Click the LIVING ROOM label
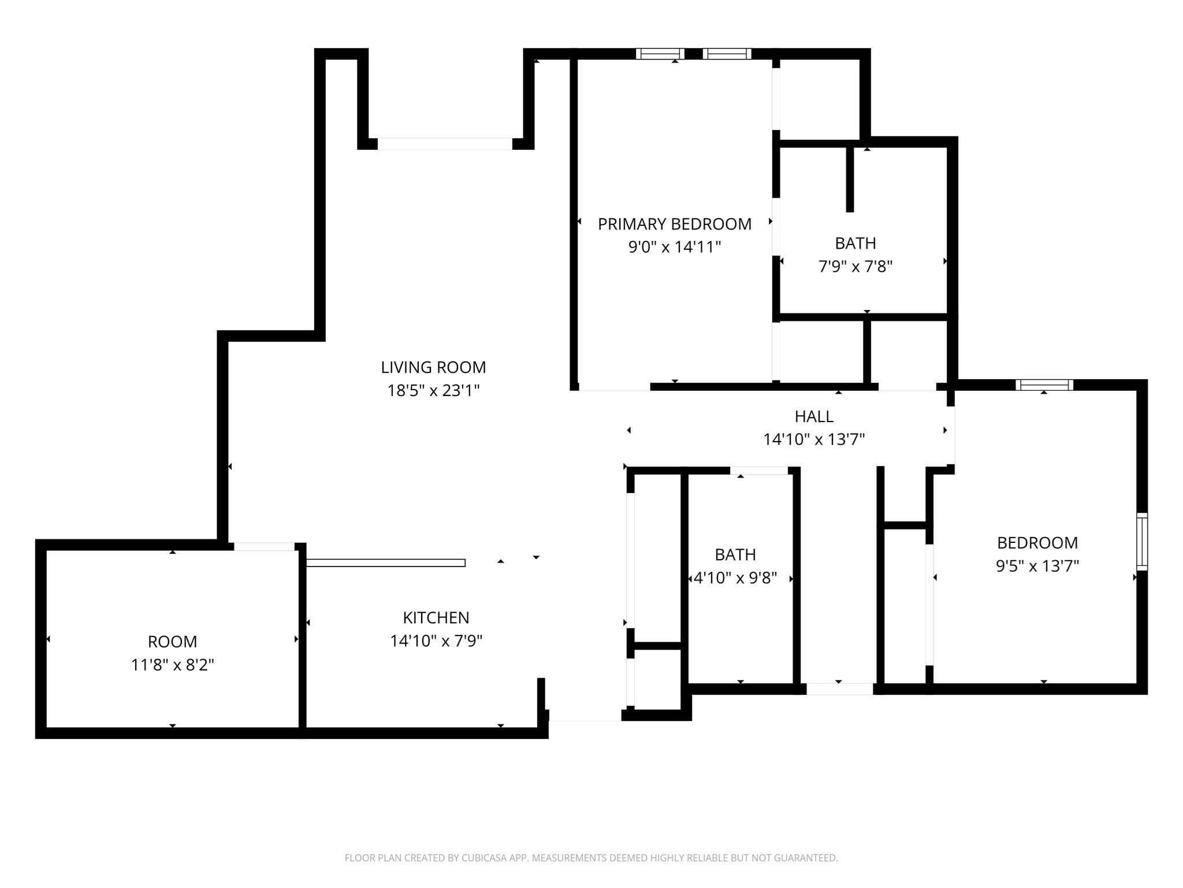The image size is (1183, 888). [x=433, y=367]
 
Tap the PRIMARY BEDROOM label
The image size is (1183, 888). [x=675, y=224]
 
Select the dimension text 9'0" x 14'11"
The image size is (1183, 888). [x=675, y=247]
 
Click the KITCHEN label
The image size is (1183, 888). [x=436, y=617]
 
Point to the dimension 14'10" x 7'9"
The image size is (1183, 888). [x=436, y=641]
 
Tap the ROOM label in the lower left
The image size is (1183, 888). [x=172, y=642]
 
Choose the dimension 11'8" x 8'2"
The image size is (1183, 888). [x=172, y=665]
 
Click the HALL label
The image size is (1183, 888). [x=814, y=416]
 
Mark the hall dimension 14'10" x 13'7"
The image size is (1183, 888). [x=814, y=439]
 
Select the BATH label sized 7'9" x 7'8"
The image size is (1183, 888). [x=855, y=243]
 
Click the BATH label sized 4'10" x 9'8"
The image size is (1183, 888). [x=735, y=554]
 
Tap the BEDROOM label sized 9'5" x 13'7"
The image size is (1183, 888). [x=1037, y=543]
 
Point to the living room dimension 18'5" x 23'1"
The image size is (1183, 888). [x=433, y=390]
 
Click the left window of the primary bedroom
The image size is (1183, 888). [x=660, y=54]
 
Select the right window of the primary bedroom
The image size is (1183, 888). [x=727, y=54]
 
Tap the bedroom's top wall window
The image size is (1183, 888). [x=1044, y=385]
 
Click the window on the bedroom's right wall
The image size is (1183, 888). [x=1142, y=542]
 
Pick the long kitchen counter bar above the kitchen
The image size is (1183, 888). [x=386, y=563]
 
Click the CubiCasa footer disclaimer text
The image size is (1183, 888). [x=591, y=858]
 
